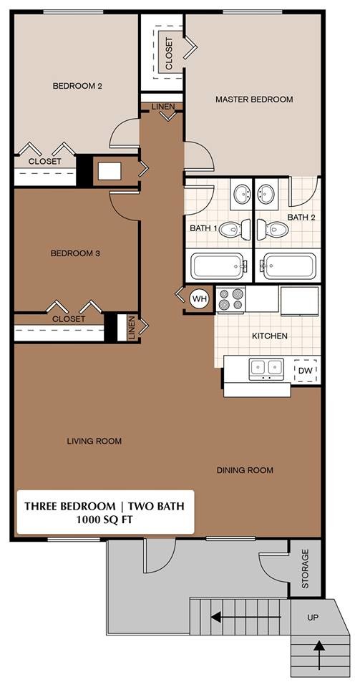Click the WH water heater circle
coord(198,299)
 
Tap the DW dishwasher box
coord(305,370)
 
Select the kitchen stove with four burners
coord(230,299)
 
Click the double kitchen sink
coord(266,369)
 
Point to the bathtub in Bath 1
coord(218,267)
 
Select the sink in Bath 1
coord(242,193)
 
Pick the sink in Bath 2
coord(267,193)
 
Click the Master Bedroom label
coord(254,99)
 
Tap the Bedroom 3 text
coord(75,253)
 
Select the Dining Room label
coord(245,470)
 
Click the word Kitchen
coord(270,336)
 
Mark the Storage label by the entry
coord(306,569)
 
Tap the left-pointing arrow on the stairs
coord(229,613)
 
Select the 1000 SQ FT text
coord(104,520)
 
